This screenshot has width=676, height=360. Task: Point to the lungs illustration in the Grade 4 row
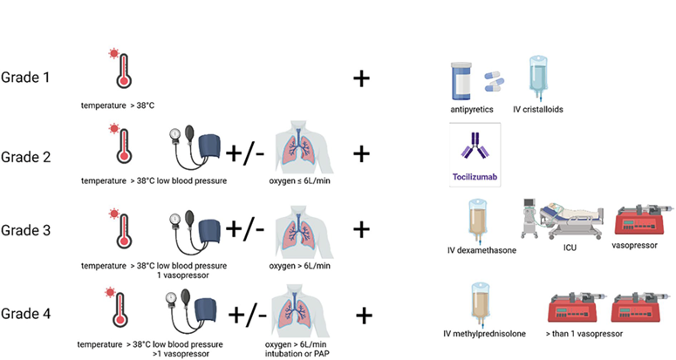300,311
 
